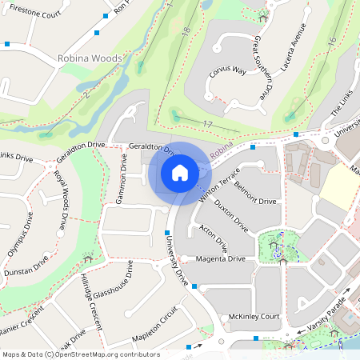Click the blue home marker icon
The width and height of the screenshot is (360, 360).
tap(180, 172)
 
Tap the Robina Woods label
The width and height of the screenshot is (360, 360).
tap(90, 58)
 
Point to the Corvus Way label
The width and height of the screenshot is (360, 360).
tap(227, 79)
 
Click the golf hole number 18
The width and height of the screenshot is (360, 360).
tap(186, 32)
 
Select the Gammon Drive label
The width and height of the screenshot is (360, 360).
tap(123, 178)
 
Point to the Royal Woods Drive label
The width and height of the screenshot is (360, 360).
tap(60, 200)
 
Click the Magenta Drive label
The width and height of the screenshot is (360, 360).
tap(215, 258)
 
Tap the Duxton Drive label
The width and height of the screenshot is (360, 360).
tap(232, 218)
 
